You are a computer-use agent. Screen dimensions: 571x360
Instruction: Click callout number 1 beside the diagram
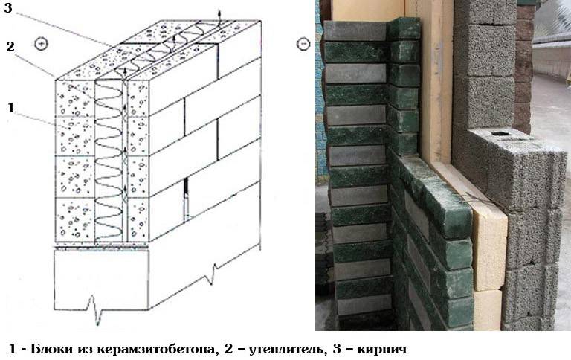(x=10, y=108)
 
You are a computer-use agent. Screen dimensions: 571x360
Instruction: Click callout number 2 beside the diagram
(x=10, y=47)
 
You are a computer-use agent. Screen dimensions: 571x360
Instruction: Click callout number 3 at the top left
(x=7, y=7)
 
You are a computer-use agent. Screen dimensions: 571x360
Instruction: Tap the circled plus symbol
(x=41, y=44)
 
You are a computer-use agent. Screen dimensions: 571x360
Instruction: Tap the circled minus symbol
(x=303, y=44)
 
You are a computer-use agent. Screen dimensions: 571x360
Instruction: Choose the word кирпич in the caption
(x=381, y=350)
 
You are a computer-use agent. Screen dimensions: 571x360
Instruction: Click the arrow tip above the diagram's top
(x=219, y=11)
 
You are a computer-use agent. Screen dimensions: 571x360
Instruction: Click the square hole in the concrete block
(x=499, y=133)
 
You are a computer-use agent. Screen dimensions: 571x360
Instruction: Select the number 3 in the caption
(x=338, y=349)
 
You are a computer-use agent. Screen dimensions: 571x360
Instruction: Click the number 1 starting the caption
(x=13, y=349)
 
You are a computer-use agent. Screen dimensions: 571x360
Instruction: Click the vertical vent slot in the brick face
(x=186, y=199)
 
